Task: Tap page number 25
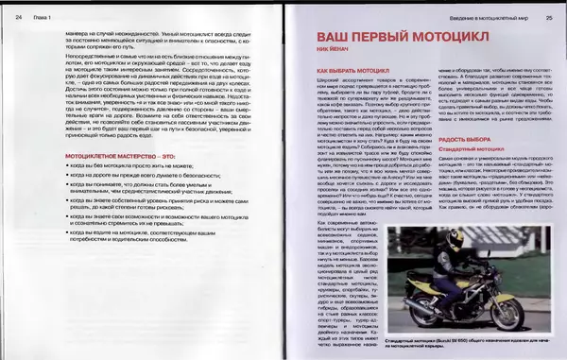pos(548,15)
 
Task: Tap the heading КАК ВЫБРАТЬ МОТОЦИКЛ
pos(352,72)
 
